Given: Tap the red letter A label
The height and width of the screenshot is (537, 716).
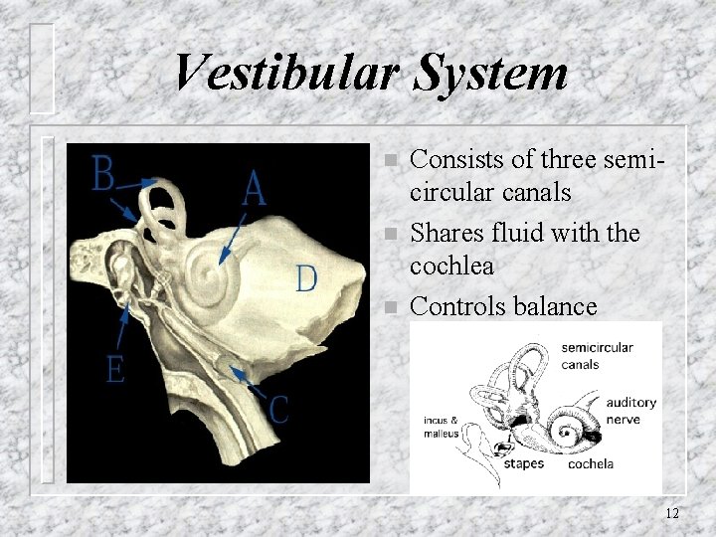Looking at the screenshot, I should coord(254,187).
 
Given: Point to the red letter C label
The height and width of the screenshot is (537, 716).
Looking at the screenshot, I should coord(278,409).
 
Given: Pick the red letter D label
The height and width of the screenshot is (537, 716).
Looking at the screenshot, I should coord(306,277).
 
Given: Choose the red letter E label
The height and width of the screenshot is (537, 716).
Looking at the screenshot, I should coord(115,370).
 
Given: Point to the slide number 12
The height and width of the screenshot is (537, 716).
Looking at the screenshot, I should coord(672,513).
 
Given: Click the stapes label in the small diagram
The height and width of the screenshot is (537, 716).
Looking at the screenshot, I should coord(523,463).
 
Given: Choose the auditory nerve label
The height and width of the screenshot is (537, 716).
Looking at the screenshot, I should coord(631,411).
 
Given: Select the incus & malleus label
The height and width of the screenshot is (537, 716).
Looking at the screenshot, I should coord(441,427).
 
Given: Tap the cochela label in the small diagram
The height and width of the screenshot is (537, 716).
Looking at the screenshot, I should coord(590,463).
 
